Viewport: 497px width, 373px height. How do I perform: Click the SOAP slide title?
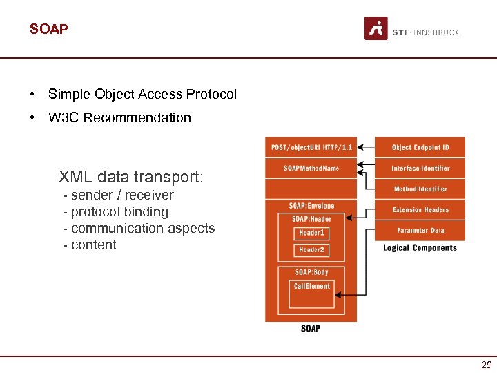[x=48, y=29]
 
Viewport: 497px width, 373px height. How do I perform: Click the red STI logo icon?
[x=376, y=28]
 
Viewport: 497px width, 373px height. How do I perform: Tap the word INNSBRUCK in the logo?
[x=436, y=32]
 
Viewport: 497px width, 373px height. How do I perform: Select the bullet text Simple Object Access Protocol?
[x=142, y=94]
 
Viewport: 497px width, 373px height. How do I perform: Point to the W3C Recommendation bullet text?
[x=119, y=117]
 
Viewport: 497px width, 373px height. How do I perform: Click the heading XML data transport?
[x=131, y=177]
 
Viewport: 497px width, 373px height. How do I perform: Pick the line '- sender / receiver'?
[x=118, y=195]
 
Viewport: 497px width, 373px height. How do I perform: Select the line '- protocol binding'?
[x=115, y=212]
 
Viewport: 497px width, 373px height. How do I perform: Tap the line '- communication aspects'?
[x=139, y=229]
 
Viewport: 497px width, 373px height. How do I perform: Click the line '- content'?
[x=89, y=245]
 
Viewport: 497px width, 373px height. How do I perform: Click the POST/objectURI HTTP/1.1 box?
[x=311, y=147]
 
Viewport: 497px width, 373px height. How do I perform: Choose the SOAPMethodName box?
[x=311, y=168]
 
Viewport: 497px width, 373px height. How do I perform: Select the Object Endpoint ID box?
[x=420, y=147]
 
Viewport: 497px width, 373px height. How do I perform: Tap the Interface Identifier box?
[x=420, y=168]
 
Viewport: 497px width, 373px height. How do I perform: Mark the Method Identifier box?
[x=420, y=189]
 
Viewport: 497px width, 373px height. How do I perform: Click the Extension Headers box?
[x=420, y=209]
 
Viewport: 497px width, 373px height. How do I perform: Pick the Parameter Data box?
[x=420, y=230]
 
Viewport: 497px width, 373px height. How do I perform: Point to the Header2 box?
[x=311, y=250]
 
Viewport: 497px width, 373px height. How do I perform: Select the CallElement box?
[x=311, y=287]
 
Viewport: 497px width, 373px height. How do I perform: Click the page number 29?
[x=486, y=365]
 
